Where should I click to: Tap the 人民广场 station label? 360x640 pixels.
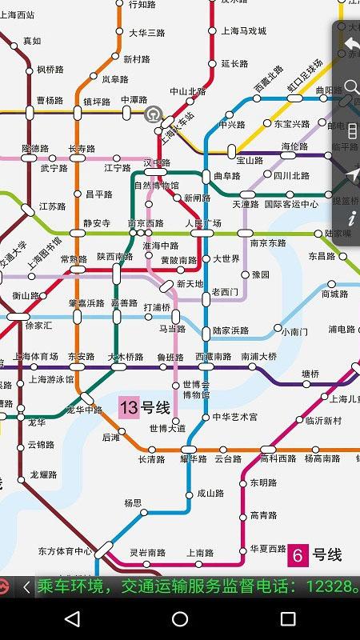[x=203, y=223]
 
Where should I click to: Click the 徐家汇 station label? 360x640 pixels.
[x=38, y=326]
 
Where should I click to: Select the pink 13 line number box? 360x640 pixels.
[x=129, y=408]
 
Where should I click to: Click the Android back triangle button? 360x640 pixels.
[x=72, y=618]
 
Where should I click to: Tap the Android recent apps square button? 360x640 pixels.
[x=288, y=618]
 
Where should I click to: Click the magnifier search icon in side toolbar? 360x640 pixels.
[x=350, y=86]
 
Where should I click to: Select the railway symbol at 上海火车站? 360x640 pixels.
[x=153, y=114]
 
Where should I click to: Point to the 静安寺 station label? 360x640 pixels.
[x=97, y=223]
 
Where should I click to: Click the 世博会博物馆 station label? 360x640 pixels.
[x=195, y=390]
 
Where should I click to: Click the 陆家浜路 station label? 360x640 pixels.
[x=230, y=330]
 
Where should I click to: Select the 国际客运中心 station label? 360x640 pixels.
[x=291, y=204]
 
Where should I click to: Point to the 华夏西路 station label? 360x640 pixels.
[x=268, y=549]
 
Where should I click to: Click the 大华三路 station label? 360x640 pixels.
[x=146, y=33]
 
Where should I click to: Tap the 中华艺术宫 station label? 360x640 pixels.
[x=235, y=417]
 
